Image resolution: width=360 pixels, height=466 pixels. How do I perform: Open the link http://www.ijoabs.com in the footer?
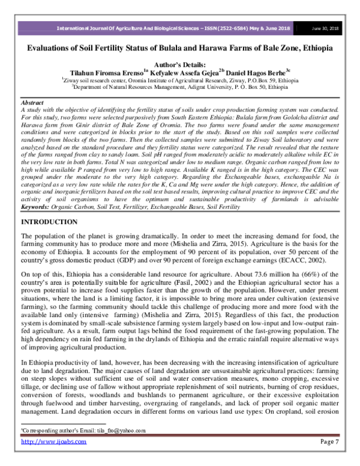tap(54, 441)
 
